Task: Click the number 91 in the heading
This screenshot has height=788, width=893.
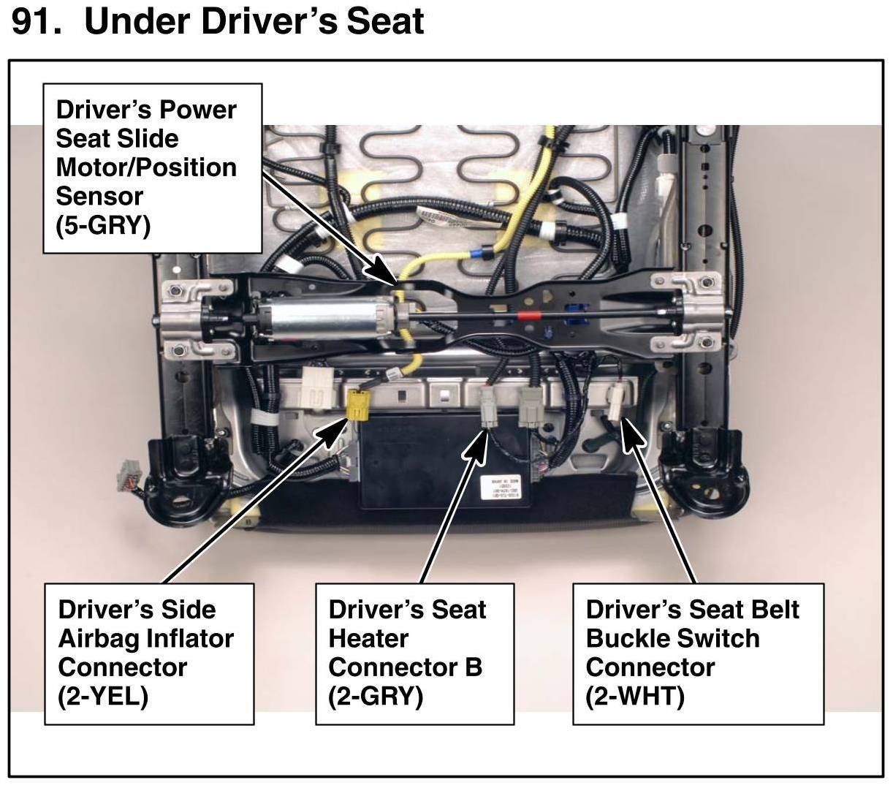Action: [x=35, y=21]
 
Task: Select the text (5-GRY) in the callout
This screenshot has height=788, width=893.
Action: [x=103, y=225]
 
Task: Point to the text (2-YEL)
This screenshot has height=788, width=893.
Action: [x=103, y=696]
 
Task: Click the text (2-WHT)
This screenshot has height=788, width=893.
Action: [x=634, y=696]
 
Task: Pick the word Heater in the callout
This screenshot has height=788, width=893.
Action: [x=368, y=638]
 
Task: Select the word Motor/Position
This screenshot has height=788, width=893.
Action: [x=146, y=167]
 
